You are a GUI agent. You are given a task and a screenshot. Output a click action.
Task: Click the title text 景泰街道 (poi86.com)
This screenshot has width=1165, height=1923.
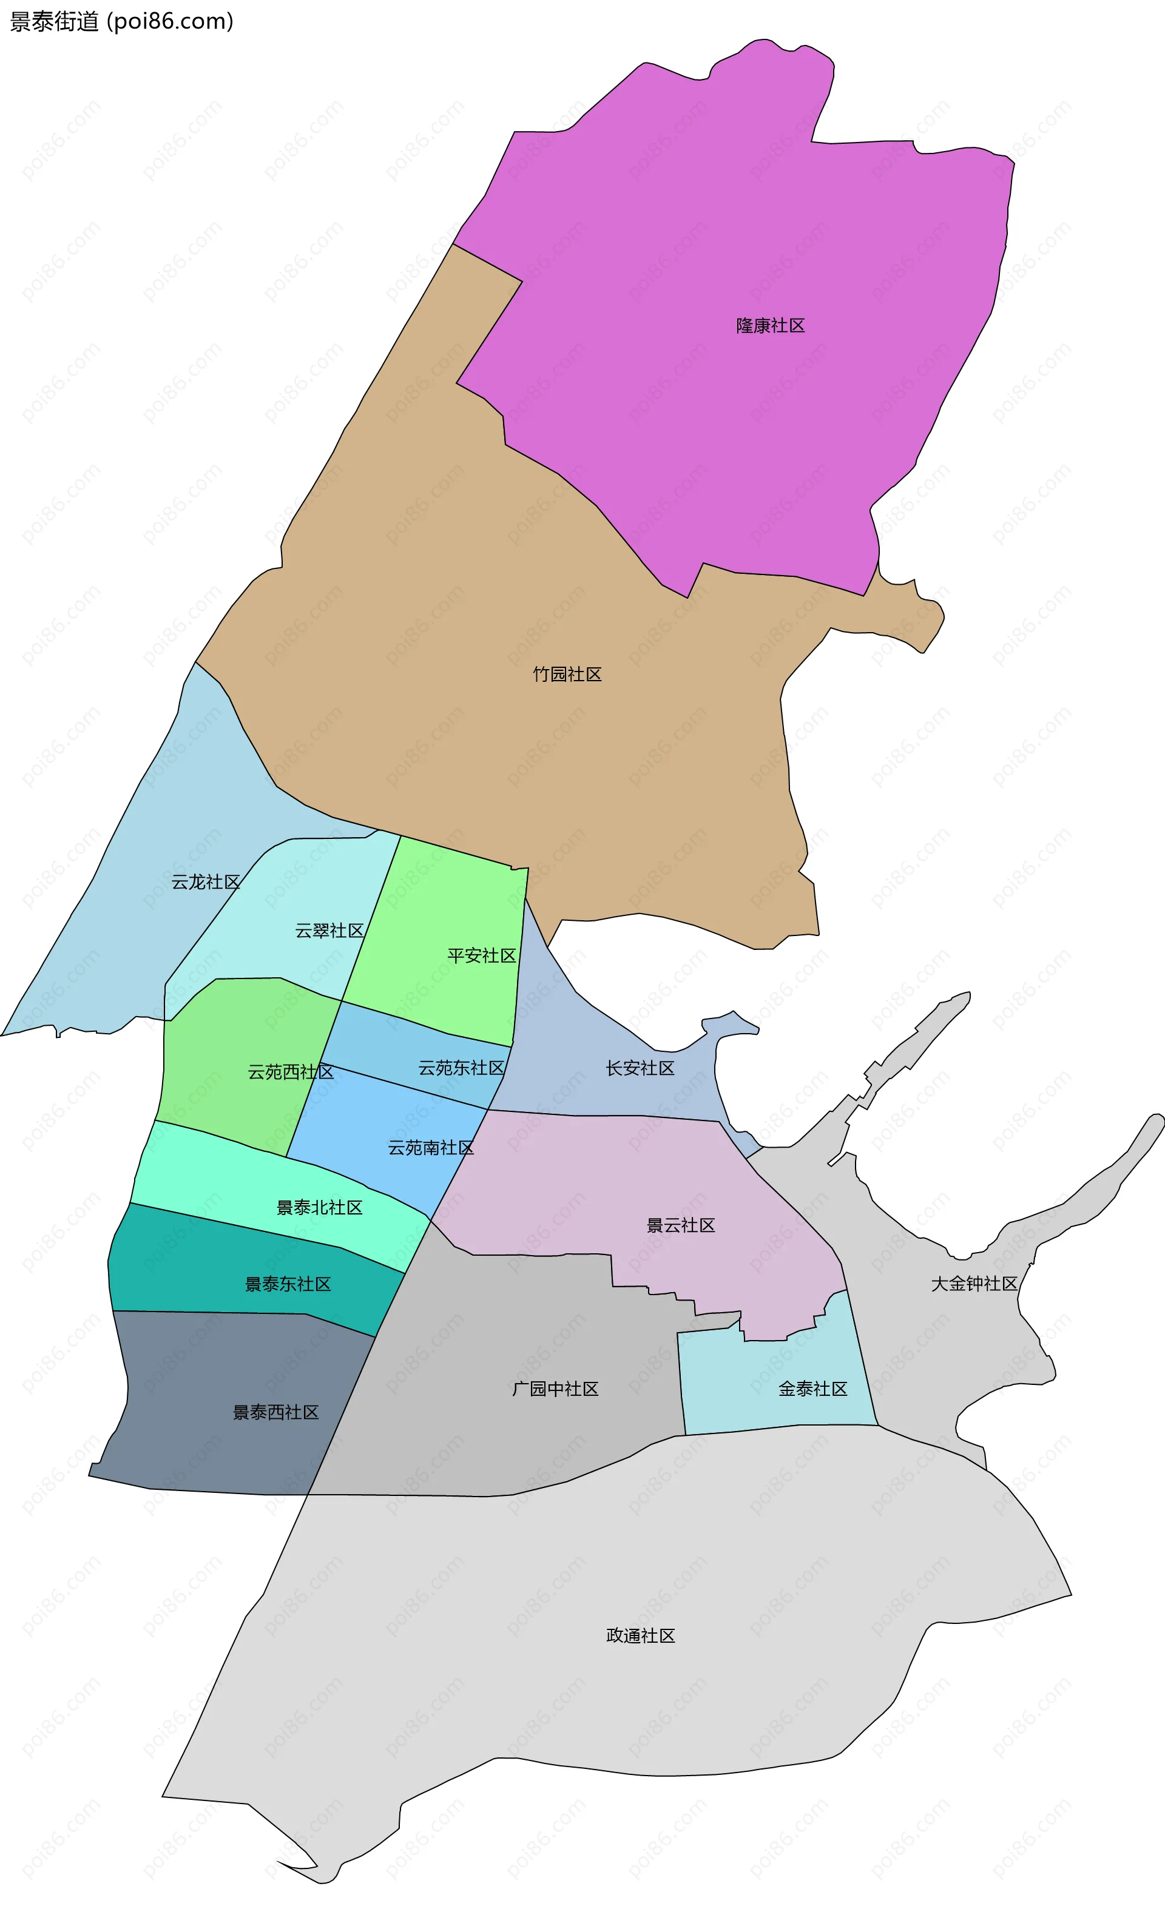tap(121, 21)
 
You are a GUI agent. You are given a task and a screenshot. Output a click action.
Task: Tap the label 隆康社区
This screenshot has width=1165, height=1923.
tap(770, 325)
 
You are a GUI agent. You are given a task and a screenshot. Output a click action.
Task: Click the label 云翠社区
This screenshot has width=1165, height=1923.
tap(329, 931)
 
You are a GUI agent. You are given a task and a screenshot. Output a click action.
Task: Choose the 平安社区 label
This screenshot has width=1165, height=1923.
tap(481, 955)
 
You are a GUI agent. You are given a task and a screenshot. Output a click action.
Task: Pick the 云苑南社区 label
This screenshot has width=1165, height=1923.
tap(430, 1147)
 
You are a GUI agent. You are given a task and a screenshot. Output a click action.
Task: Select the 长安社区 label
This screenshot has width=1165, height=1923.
tap(640, 1068)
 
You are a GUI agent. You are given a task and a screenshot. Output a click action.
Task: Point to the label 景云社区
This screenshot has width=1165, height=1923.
tap(680, 1225)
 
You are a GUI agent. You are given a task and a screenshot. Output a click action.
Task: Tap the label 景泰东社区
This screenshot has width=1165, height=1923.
tap(288, 1284)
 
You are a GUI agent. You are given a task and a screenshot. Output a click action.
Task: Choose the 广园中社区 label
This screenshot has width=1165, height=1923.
tap(555, 1389)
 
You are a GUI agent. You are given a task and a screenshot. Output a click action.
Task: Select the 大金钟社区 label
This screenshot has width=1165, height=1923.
tap(974, 1284)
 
